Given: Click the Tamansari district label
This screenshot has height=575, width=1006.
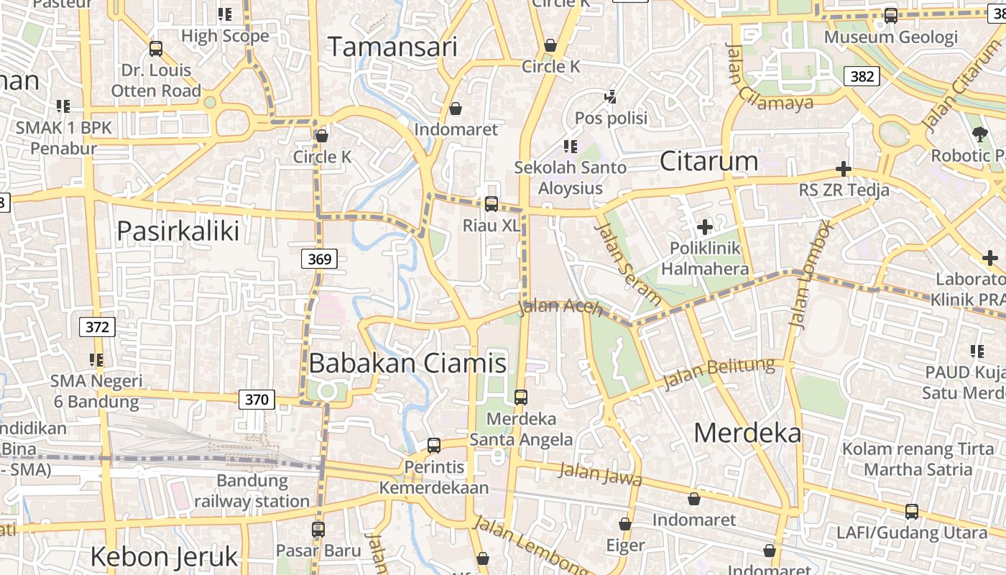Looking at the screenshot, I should pyautogui.click(x=392, y=47).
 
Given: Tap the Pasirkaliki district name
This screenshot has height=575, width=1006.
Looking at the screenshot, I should pyautogui.click(x=177, y=231).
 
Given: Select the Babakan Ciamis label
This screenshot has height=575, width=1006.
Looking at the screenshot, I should pyautogui.click(x=407, y=363).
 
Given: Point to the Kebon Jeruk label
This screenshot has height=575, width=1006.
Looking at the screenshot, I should pyautogui.click(x=164, y=556).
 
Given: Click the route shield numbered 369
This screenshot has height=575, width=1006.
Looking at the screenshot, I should pyautogui.click(x=319, y=259).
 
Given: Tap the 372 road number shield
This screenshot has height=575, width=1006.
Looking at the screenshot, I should pyautogui.click(x=97, y=327).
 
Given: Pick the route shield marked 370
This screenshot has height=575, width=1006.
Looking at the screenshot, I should pyautogui.click(x=257, y=399).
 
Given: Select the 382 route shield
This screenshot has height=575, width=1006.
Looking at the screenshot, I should pyautogui.click(x=862, y=76).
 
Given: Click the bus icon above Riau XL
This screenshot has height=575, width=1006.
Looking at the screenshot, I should pyautogui.click(x=492, y=204).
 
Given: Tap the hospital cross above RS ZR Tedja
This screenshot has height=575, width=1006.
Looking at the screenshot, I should pyautogui.click(x=844, y=170).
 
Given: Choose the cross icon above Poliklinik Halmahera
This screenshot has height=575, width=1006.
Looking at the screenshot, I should pyautogui.click(x=705, y=227).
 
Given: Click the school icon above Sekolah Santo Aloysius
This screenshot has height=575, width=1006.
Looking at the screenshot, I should pyautogui.click(x=571, y=147).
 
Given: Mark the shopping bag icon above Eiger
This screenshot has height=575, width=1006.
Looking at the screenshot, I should pyautogui.click(x=625, y=524).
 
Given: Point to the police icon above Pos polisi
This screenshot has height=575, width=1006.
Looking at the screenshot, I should pyautogui.click(x=611, y=96).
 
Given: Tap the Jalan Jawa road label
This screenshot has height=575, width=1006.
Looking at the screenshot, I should pyautogui.click(x=600, y=474).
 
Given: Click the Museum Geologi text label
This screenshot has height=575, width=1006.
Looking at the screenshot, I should pyautogui.click(x=890, y=37).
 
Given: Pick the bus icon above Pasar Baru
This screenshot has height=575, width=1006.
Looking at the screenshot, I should pyautogui.click(x=318, y=529).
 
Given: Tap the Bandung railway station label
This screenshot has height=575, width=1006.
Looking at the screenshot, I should pyautogui.click(x=252, y=490).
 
